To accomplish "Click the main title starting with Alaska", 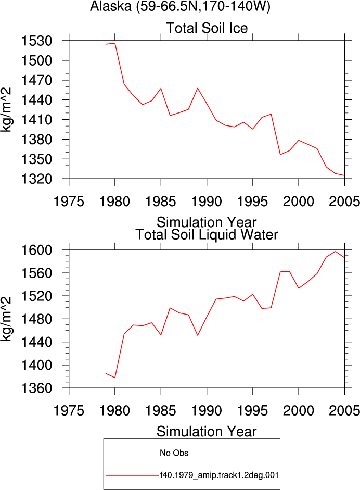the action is (180, 6).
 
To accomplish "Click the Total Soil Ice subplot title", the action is (207, 28).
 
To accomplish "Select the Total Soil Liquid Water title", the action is (207, 235).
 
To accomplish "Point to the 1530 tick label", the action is (36, 41).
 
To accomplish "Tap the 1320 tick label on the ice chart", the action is (36, 179).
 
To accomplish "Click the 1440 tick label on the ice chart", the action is (36, 100).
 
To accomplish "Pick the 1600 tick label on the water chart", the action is (36, 250).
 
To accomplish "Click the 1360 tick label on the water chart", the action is (36, 388).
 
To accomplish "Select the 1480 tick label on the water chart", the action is (36, 319).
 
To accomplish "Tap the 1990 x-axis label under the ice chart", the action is (207, 202).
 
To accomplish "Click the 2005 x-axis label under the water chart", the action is (344, 411).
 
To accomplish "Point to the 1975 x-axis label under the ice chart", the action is (69, 202).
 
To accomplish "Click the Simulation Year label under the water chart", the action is (207, 432).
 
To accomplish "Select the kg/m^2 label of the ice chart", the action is (6, 110).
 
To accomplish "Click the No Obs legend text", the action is (174, 453).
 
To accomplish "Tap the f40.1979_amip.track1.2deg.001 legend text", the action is (219, 475).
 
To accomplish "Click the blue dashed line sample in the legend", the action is (132, 453).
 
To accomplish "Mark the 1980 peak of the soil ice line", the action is (115, 43).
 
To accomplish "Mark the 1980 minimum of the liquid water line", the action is (115, 378).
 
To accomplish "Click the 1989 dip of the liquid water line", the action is (198, 335).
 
